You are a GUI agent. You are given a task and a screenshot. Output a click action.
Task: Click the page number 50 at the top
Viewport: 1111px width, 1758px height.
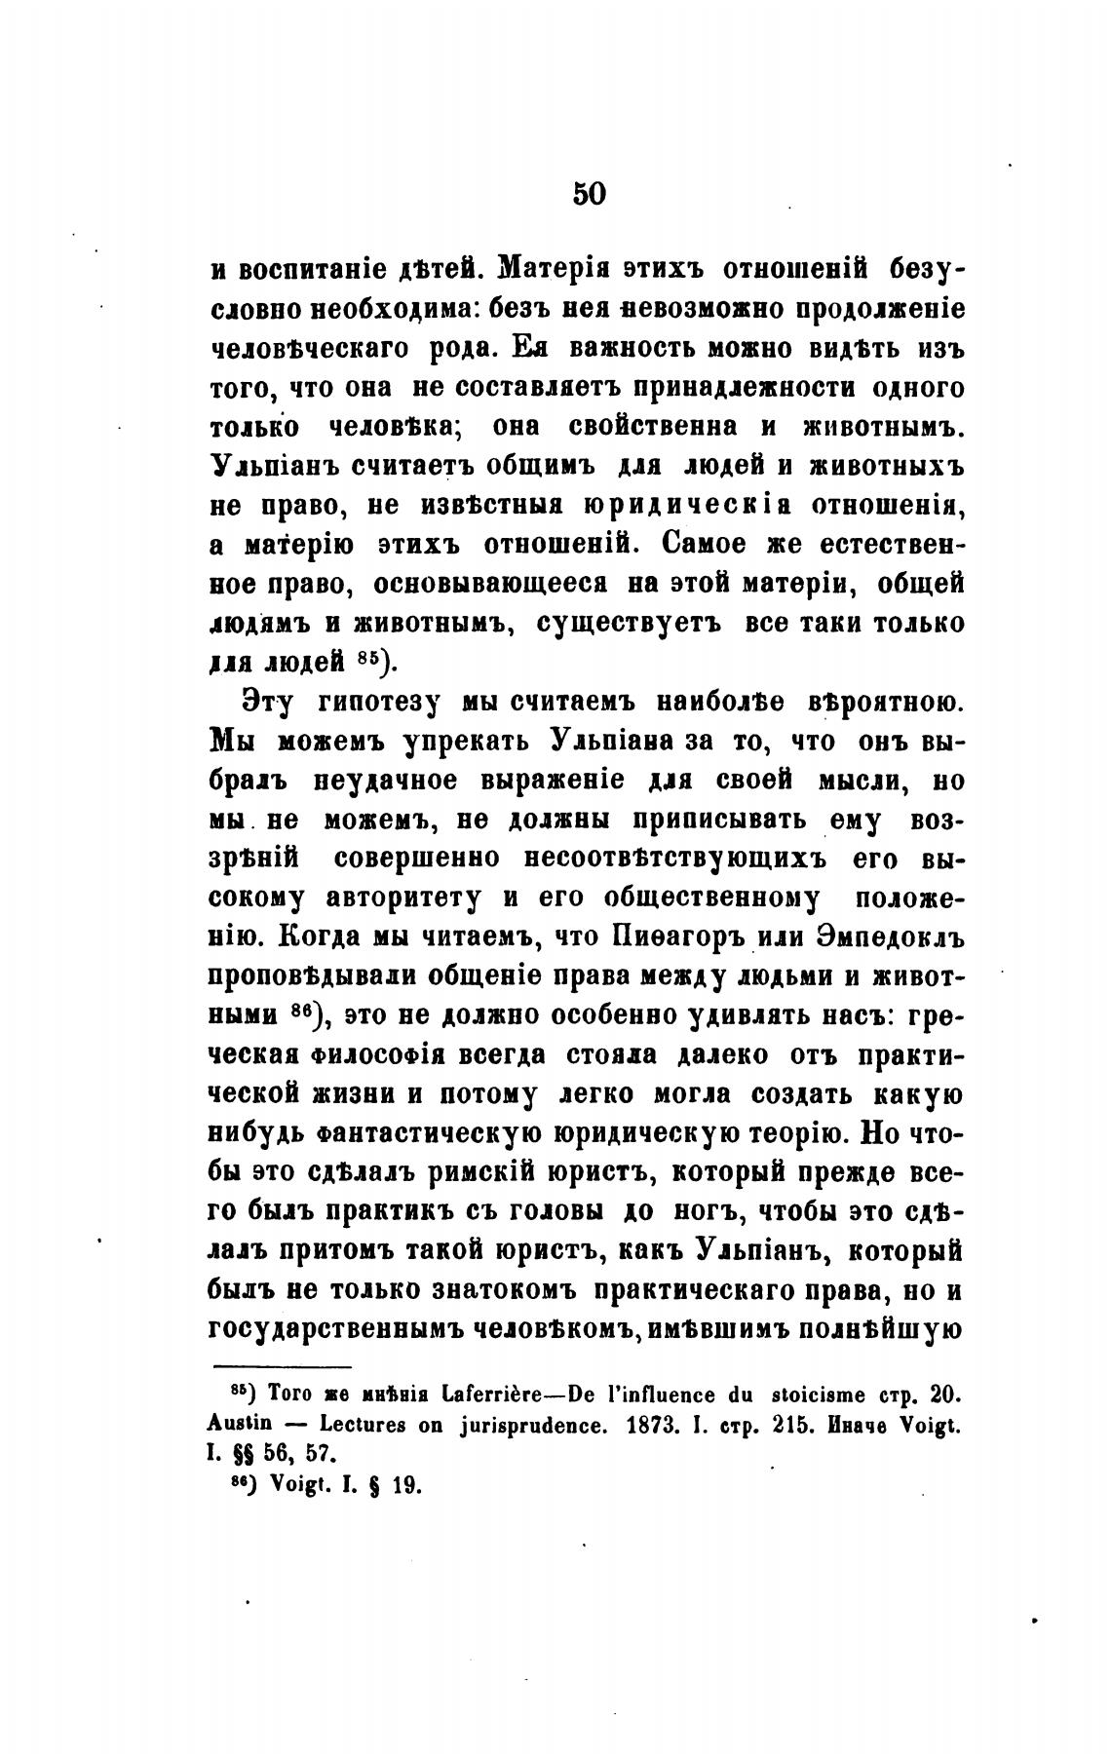pos(589,193)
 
